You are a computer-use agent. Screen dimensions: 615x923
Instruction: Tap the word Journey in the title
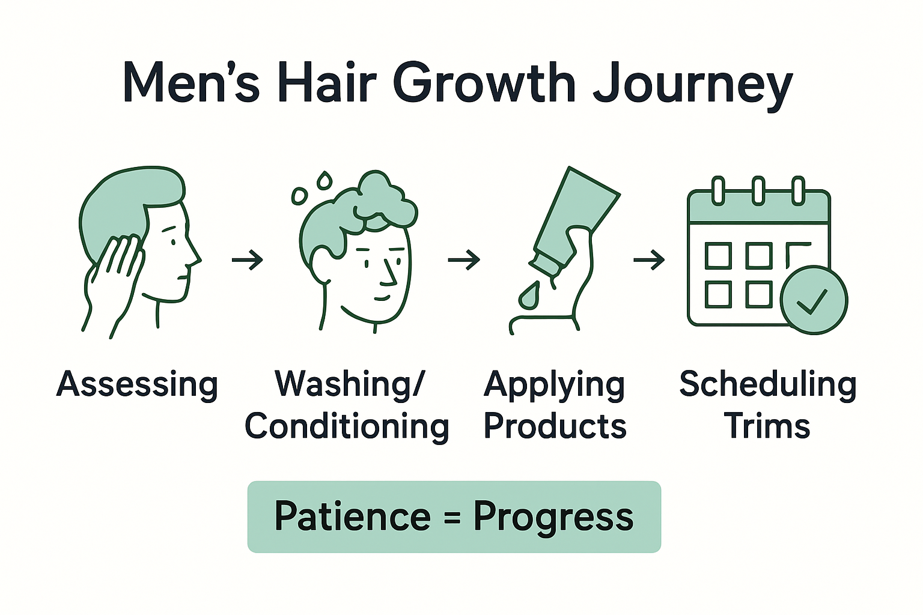[692, 86]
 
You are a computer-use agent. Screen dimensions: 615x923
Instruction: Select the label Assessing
[137, 384]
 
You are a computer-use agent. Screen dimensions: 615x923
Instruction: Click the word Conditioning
[347, 427]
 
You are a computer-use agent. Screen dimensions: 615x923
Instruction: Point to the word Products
[555, 427]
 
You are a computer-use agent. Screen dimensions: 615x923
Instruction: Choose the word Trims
[767, 427]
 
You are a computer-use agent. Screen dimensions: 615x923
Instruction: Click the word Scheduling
[767, 384]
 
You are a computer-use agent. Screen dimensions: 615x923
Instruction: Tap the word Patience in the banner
[353, 517]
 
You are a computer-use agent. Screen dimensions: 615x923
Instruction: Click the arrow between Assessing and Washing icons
[248, 260]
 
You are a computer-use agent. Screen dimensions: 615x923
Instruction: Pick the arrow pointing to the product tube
[464, 260]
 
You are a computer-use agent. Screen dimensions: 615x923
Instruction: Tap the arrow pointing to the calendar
[649, 260]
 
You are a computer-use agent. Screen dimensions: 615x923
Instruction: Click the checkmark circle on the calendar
[814, 300]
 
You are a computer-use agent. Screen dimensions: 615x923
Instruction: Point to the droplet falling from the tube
[529, 295]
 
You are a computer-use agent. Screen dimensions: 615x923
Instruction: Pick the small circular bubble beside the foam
[299, 195]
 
